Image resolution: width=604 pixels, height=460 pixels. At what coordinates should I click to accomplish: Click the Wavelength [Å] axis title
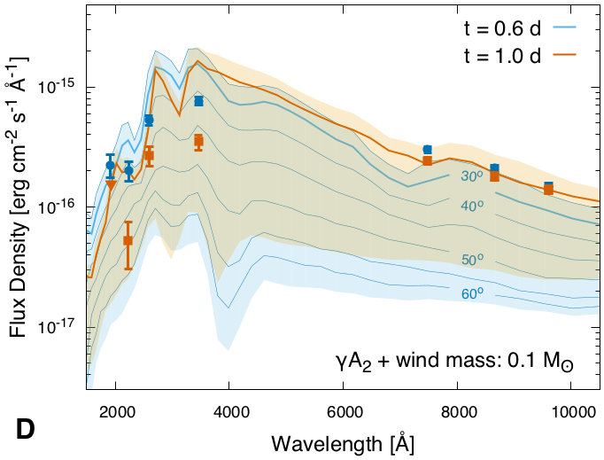pos(343,441)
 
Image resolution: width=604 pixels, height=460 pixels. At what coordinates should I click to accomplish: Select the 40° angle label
pos(475,206)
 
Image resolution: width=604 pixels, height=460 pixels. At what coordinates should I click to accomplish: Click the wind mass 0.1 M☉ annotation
pos(461,361)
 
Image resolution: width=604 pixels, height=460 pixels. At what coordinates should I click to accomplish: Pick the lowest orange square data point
pos(128,240)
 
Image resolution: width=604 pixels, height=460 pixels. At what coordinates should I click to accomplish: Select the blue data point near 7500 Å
pos(428,150)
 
